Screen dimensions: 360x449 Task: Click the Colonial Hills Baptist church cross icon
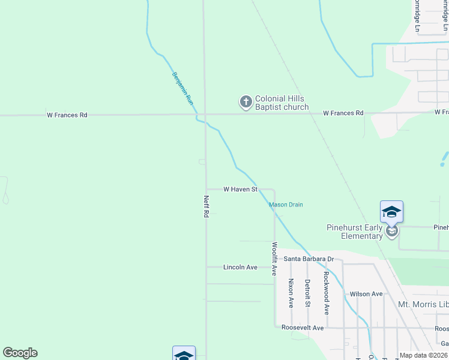point(246,102)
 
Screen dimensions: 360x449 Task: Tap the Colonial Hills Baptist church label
point(282,103)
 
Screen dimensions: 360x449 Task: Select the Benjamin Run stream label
point(182,89)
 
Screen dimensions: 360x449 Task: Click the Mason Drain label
point(286,205)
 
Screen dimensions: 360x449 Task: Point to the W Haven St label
point(240,189)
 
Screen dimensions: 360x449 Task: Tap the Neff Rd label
point(206,206)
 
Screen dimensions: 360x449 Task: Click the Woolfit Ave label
point(274,259)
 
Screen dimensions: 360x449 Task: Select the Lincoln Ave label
point(240,267)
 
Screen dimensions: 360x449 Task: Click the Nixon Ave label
point(291,293)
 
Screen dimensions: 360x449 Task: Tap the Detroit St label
point(307,293)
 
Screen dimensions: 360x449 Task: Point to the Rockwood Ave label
point(326,293)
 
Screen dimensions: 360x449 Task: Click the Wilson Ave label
point(366,294)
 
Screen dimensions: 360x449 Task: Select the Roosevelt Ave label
point(303,328)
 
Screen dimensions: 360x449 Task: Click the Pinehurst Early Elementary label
point(354,232)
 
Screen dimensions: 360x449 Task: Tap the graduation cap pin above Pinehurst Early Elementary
point(391,212)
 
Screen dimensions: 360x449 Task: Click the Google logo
point(20,353)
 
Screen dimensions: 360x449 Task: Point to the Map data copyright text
point(424,355)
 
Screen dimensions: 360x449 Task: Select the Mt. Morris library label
point(423,304)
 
